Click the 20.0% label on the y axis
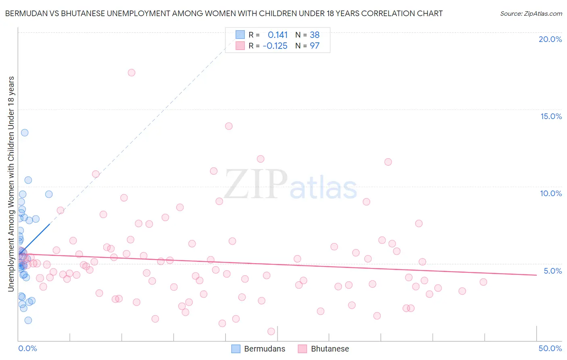[550, 39]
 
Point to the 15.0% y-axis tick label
[551, 116]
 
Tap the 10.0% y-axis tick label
[551, 193]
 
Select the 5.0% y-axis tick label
[552, 271]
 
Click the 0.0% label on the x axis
[27, 348]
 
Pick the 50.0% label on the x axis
[550, 348]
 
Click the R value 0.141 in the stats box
[277, 35]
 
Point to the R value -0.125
[275, 46]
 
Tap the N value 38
[315, 35]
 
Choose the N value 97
[315, 46]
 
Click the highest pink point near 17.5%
[131, 73]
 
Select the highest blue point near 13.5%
[25, 133]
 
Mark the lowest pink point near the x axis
[271, 331]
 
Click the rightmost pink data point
[483, 282]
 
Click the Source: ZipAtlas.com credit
[531, 13]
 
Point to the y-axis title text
[11, 184]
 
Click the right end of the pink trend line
[536, 275]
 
